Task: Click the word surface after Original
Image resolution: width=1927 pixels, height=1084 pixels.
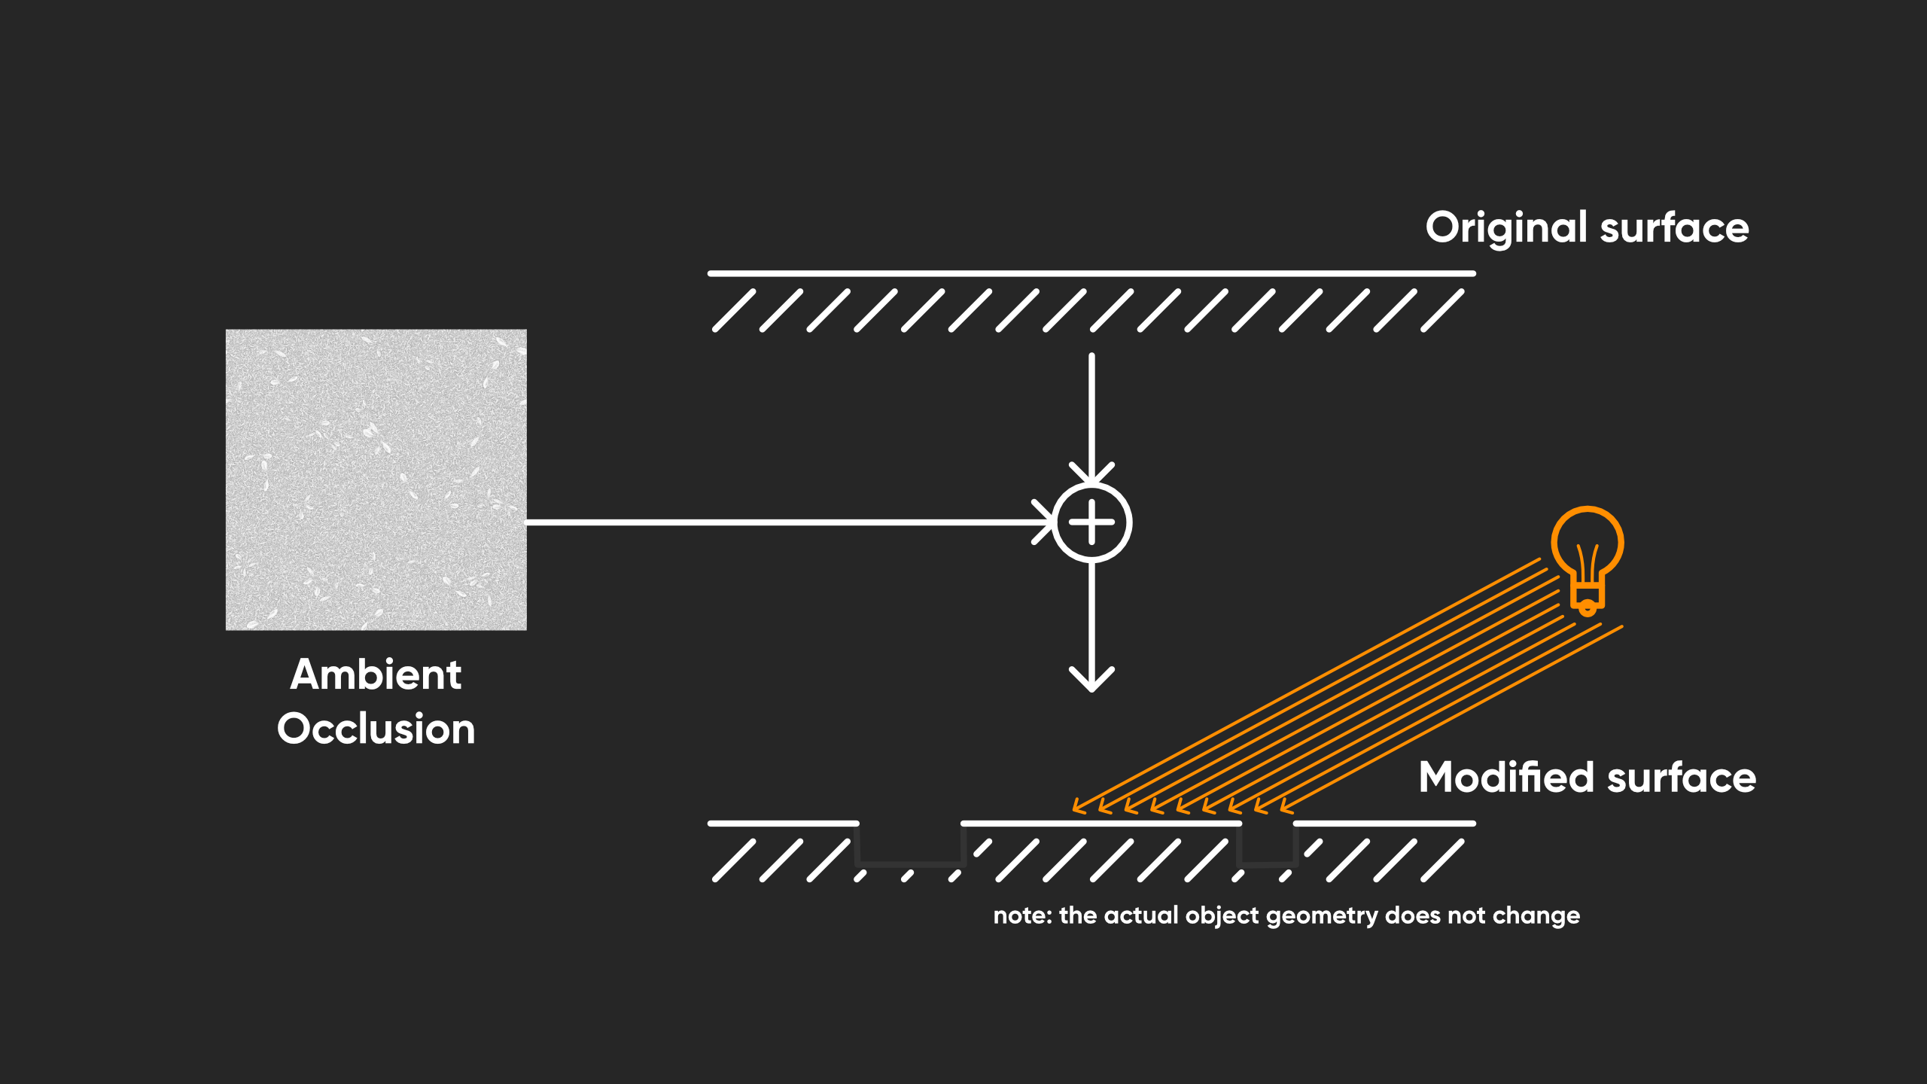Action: [1675, 227]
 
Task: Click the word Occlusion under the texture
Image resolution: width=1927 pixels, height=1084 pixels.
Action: [376, 729]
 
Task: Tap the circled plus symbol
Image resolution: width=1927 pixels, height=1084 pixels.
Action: [1091, 522]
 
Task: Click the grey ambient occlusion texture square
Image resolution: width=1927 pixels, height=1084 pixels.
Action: [376, 480]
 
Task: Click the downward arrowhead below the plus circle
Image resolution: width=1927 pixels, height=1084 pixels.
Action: [1091, 681]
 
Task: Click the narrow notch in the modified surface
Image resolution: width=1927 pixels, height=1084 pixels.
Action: [1268, 845]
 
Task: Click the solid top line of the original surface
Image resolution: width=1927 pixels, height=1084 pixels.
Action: [1091, 273]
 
